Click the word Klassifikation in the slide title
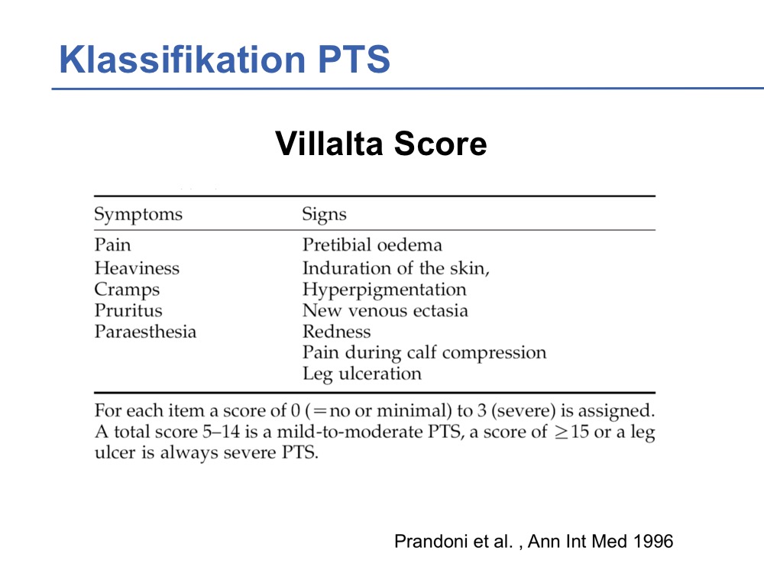pos(182,59)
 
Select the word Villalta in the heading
pos(329,144)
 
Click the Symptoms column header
pos(138,215)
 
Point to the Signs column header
pos(324,215)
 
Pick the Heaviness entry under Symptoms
pos(137,268)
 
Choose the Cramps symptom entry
pos(127,290)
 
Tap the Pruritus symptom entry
pos(128,310)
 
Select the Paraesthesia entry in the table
pos(145,332)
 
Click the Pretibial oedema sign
pos(372,244)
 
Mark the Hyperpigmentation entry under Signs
pos(384,290)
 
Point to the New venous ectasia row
pos(385,310)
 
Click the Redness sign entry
pos(337,332)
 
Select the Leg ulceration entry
pos(362,374)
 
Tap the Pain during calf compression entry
pos(424,353)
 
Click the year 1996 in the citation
pos(653,542)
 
